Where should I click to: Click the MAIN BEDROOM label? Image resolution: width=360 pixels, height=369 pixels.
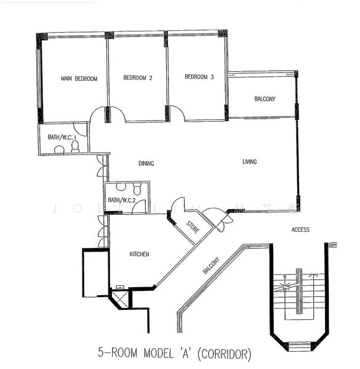[x=79, y=79]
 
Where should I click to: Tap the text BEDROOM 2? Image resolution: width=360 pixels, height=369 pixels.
[x=138, y=78]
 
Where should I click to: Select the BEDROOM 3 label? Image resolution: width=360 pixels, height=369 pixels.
[x=199, y=77]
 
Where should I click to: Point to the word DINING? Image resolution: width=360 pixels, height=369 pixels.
[x=146, y=164]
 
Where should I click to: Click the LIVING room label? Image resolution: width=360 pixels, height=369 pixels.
[x=249, y=162]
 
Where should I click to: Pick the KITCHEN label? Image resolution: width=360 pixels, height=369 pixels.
[x=139, y=254]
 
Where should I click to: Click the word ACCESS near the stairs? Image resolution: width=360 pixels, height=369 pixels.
[x=300, y=229]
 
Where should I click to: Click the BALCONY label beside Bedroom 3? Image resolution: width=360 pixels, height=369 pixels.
[x=265, y=99]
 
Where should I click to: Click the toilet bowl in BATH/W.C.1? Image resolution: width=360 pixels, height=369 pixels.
[x=75, y=148]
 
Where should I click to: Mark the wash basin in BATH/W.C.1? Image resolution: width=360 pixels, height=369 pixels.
[x=59, y=149]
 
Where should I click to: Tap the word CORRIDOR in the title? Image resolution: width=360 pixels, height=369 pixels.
[x=225, y=354]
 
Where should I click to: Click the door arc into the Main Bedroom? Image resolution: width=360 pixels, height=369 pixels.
[x=98, y=113]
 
